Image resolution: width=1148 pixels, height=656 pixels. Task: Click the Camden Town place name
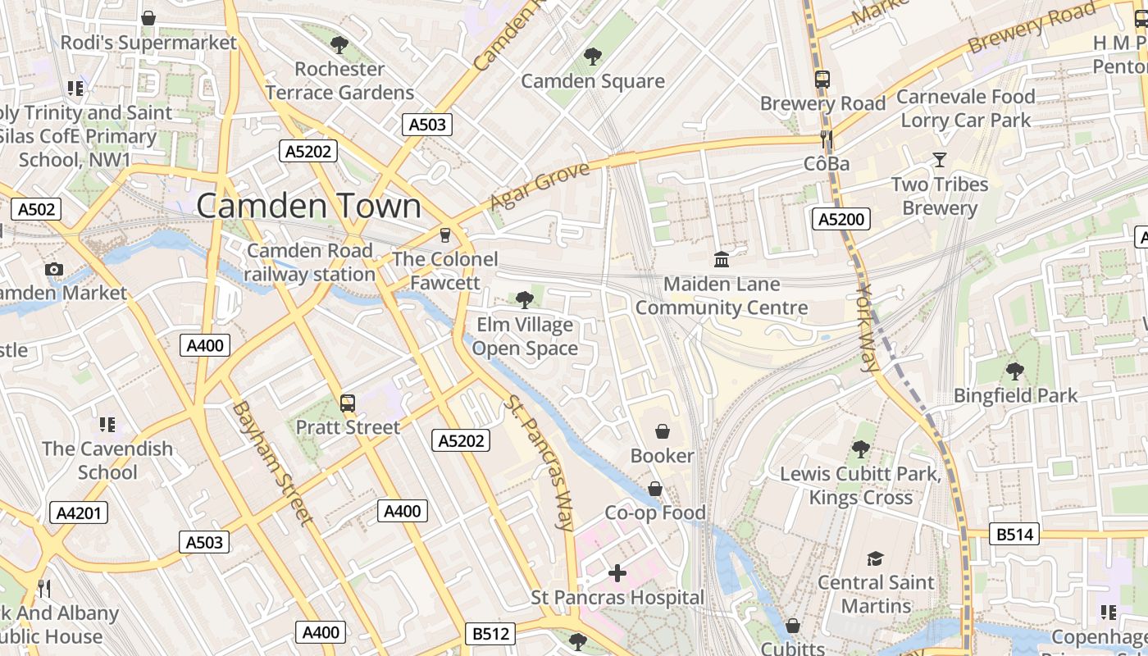[308, 206]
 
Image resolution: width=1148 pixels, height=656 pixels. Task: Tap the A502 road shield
[37, 209]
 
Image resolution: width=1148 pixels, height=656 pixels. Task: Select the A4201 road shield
[79, 513]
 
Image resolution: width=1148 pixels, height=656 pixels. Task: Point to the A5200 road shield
[841, 219]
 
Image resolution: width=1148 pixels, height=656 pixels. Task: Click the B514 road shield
[1014, 535]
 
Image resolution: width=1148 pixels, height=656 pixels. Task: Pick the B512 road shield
[491, 634]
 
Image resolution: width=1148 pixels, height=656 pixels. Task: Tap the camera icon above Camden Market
[54, 269]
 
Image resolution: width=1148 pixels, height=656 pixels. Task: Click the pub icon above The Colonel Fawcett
[445, 235]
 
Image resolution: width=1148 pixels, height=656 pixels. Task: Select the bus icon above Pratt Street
[348, 403]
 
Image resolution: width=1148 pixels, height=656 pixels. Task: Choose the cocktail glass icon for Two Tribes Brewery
[940, 160]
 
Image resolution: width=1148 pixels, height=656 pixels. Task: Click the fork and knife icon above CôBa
[827, 139]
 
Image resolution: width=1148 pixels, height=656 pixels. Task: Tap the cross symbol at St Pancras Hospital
[617, 573]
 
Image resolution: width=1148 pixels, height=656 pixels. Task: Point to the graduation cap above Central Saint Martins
[875, 558]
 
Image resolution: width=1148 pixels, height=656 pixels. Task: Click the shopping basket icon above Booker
[662, 431]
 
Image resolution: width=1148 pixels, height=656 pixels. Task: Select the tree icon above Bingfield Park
[1015, 371]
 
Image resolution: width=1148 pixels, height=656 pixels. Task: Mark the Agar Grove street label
[540, 187]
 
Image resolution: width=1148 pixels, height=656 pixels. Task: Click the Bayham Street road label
[271, 462]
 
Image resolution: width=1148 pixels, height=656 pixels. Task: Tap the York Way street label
[868, 328]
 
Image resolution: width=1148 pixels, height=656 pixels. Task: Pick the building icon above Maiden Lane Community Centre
[722, 260]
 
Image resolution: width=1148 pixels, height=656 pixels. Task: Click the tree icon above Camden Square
[592, 57]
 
